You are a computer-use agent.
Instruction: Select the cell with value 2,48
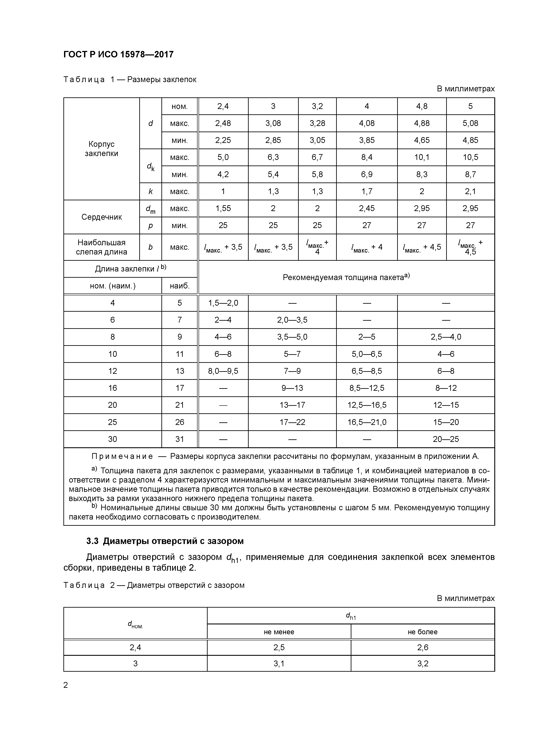point(223,123)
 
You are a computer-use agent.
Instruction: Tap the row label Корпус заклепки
point(101,149)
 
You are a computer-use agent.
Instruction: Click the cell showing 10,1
point(422,157)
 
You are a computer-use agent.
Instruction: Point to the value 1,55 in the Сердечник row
point(223,208)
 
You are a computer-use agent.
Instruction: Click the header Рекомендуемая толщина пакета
point(346,277)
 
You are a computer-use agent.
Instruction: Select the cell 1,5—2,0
point(223,303)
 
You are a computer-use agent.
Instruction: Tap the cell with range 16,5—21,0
point(367,422)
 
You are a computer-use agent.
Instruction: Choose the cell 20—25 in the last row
point(446,439)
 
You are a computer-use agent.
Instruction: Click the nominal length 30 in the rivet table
point(112,439)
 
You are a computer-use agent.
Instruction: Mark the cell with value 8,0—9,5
point(223,371)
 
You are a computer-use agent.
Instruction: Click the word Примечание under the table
point(122,457)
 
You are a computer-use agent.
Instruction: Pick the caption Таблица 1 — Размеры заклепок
point(130,80)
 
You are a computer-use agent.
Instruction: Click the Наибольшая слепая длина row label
point(101,247)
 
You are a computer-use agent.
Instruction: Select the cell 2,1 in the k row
point(470,192)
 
